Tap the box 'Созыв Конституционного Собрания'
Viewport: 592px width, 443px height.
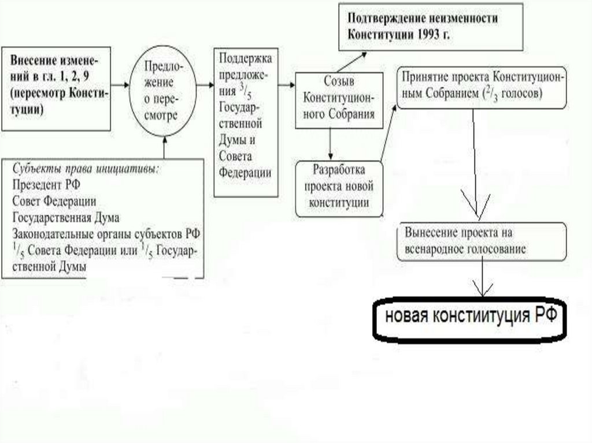click(x=338, y=96)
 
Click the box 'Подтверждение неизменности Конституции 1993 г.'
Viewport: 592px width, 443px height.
click(x=430, y=26)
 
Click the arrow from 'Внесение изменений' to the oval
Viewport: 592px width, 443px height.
click(x=120, y=85)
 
